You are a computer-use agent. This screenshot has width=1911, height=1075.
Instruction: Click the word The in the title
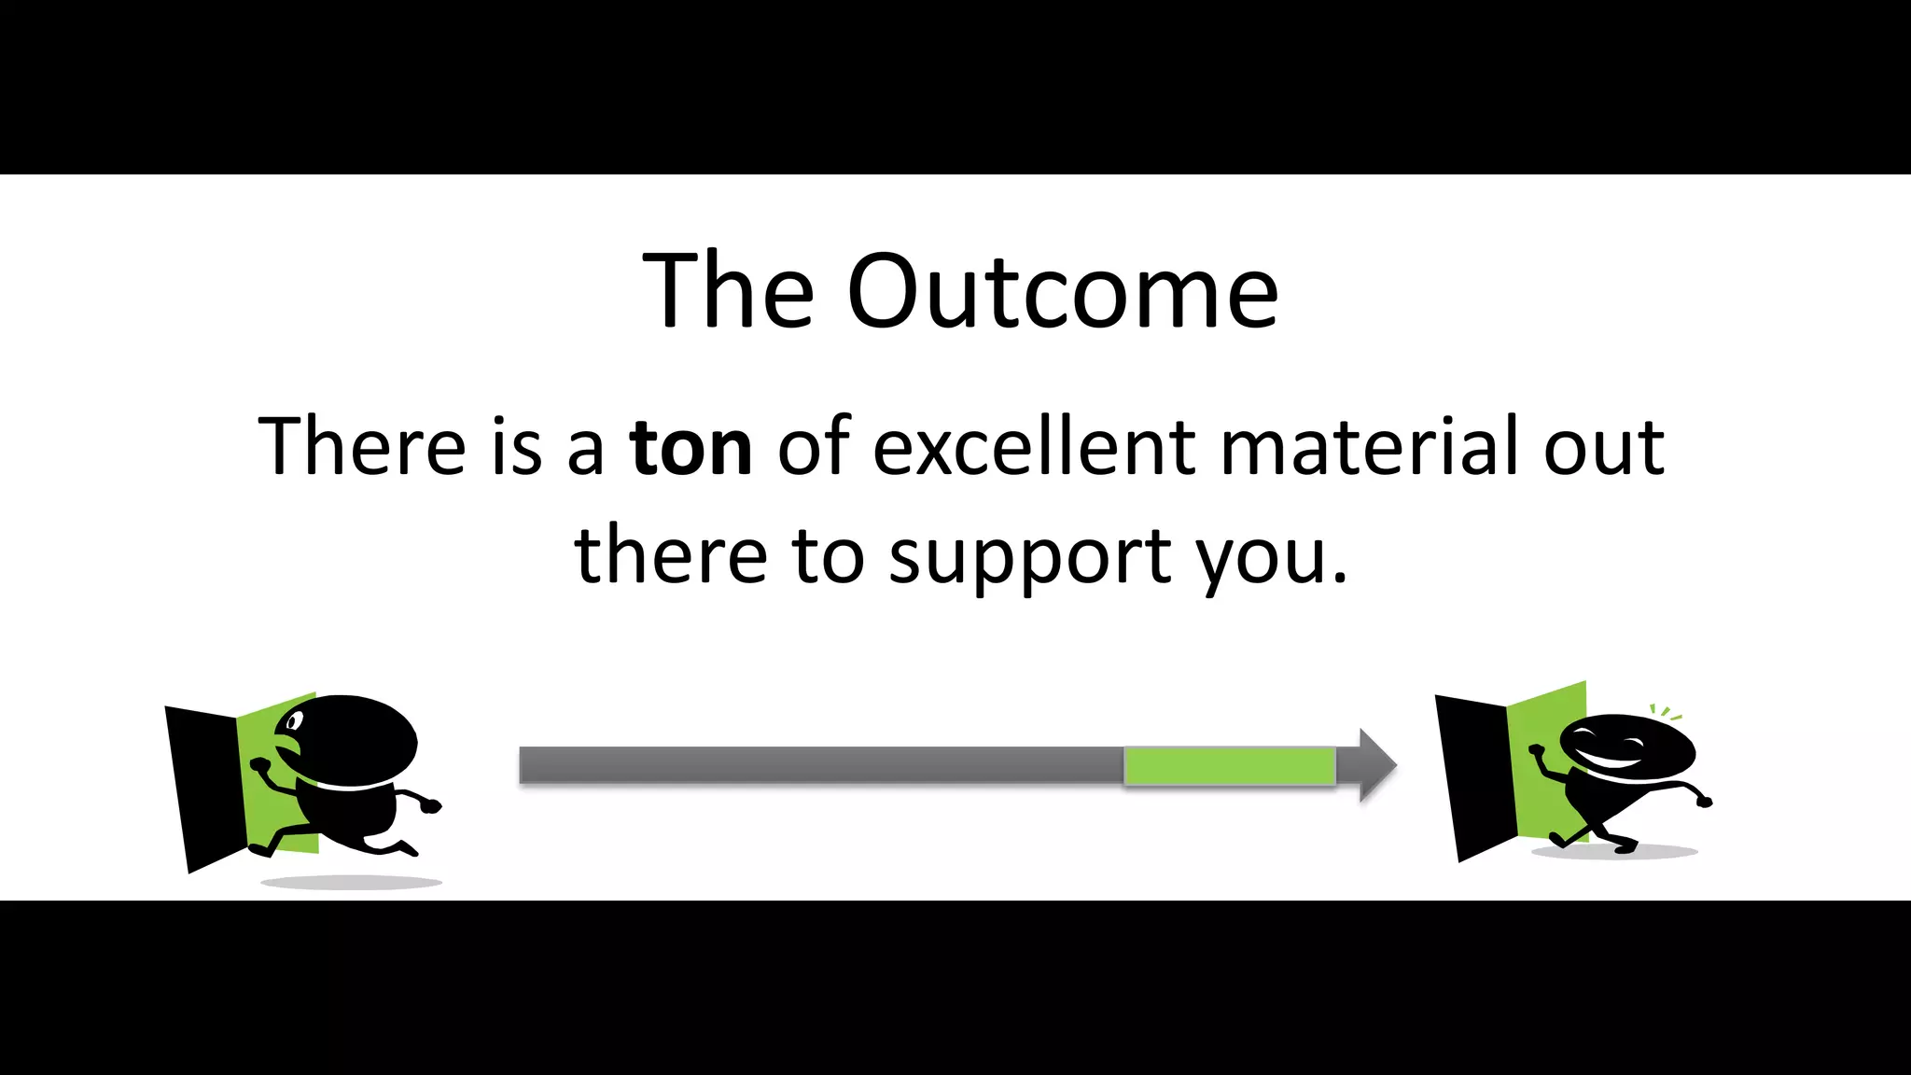click(x=728, y=291)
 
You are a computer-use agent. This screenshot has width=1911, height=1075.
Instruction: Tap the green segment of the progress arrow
click(x=1229, y=766)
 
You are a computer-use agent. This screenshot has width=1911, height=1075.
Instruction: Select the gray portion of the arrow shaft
click(x=821, y=765)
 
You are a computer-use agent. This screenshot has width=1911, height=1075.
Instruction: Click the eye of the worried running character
click(x=295, y=721)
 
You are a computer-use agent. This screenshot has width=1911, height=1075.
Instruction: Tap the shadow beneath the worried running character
click(x=351, y=882)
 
